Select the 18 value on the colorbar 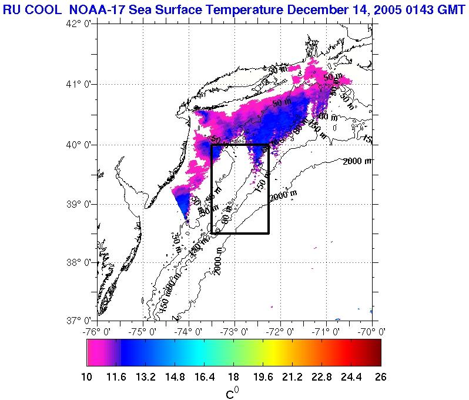(x=233, y=377)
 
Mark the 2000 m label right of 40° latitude (x=357, y=161)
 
